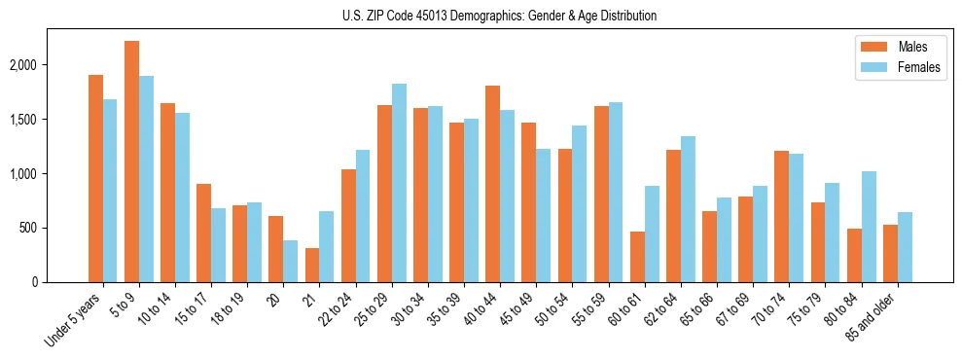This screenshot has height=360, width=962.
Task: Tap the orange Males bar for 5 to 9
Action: (x=131, y=162)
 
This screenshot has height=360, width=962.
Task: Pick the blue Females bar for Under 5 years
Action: (x=110, y=191)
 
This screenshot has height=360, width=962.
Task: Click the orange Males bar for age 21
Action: (x=312, y=265)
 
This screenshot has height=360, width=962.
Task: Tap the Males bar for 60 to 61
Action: (x=637, y=257)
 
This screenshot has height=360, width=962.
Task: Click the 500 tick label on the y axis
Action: (x=53, y=228)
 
